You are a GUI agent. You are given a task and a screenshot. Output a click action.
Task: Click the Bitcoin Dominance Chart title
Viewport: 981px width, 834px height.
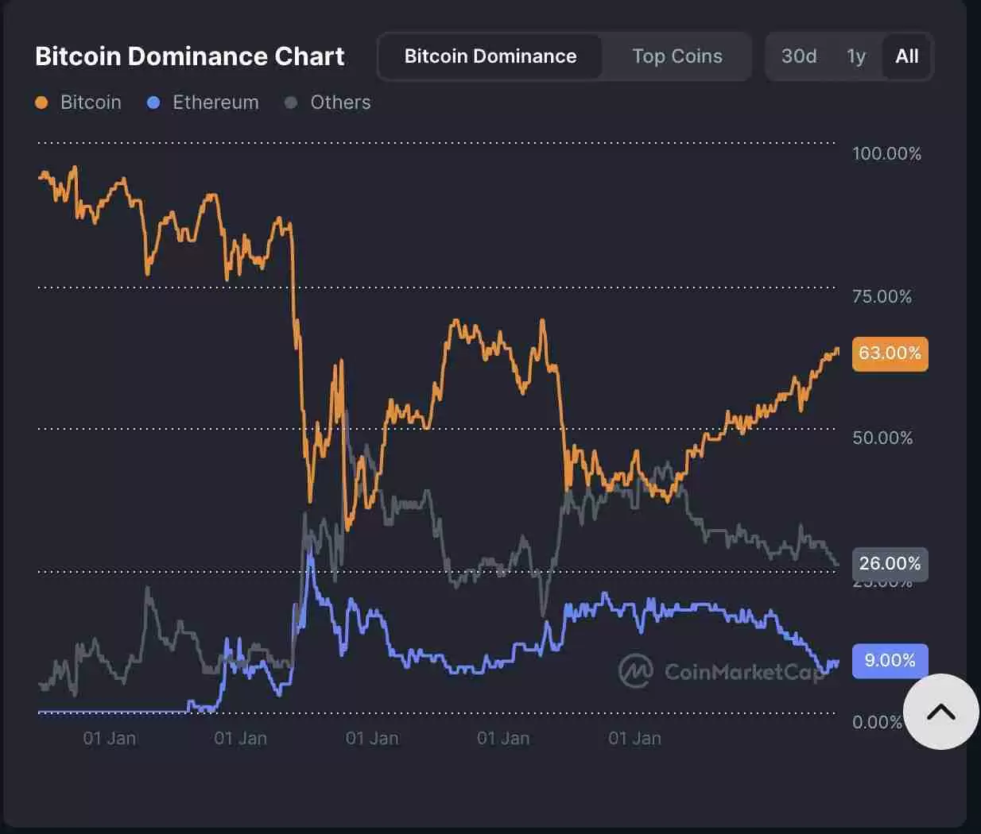click(x=189, y=56)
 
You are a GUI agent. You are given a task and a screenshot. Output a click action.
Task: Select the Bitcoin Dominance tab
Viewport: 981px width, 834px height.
click(x=490, y=56)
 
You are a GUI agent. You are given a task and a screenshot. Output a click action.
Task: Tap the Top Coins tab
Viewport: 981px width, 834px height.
click(x=677, y=56)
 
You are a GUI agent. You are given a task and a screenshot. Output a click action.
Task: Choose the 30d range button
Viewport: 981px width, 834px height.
click(x=799, y=56)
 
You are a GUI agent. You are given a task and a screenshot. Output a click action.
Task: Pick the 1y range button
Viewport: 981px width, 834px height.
click(x=856, y=56)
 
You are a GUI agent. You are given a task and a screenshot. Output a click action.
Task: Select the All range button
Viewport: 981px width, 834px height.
click(x=907, y=56)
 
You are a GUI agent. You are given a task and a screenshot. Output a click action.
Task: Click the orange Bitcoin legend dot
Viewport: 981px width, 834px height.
click(x=42, y=102)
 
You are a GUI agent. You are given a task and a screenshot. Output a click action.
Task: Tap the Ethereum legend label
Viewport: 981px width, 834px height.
click(x=215, y=102)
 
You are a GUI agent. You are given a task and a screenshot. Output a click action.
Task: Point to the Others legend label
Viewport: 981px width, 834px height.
click(x=340, y=102)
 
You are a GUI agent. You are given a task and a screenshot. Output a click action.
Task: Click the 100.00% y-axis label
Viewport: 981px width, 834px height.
click(x=886, y=153)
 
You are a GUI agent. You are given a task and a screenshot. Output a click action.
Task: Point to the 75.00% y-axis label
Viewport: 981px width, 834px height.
click(x=882, y=297)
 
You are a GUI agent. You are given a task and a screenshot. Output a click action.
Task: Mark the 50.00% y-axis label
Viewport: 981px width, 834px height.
click(x=882, y=438)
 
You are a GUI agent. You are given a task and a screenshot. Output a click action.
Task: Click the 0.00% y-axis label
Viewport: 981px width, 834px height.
click(x=877, y=722)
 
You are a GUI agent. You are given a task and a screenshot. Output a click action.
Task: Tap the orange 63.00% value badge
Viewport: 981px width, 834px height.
click(x=890, y=353)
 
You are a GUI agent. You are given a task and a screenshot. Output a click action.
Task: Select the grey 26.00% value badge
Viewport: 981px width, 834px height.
click(x=890, y=564)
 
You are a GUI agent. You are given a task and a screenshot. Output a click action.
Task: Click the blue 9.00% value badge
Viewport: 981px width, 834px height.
click(x=890, y=661)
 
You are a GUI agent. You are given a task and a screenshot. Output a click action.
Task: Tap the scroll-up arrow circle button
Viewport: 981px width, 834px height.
click(x=941, y=712)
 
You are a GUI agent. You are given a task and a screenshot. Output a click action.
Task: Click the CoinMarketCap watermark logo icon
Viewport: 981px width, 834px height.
click(x=635, y=671)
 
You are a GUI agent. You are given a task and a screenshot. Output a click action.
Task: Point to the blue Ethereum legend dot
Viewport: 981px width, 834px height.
click(x=154, y=102)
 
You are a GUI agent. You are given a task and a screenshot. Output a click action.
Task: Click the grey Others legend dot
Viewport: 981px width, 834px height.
click(x=291, y=102)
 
